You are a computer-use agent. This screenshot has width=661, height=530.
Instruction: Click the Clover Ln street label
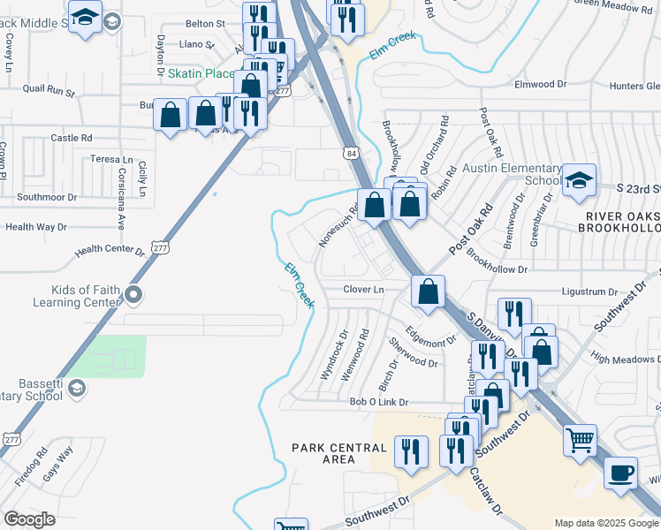click(x=364, y=290)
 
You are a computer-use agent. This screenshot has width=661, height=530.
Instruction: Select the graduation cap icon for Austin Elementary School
click(x=578, y=179)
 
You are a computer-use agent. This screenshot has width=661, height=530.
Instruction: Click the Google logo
click(x=30, y=519)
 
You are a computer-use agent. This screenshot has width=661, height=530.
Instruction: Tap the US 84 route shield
click(x=352, y=153)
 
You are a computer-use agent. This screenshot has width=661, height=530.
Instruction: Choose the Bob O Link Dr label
click(x=378, y=402)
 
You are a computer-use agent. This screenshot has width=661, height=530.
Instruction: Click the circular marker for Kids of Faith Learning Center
click(x=133, y=294)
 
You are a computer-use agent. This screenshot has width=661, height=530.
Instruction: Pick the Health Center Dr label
click(x=110, y=251)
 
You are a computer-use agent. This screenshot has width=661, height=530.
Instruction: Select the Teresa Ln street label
click(x=111, y=160)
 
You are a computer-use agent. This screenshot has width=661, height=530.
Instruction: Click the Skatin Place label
click(x=201, y=73)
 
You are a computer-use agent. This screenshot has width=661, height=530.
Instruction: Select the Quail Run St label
click(x=49, y=89)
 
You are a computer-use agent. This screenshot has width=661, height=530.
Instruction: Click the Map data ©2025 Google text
click(x=606, y=523)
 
